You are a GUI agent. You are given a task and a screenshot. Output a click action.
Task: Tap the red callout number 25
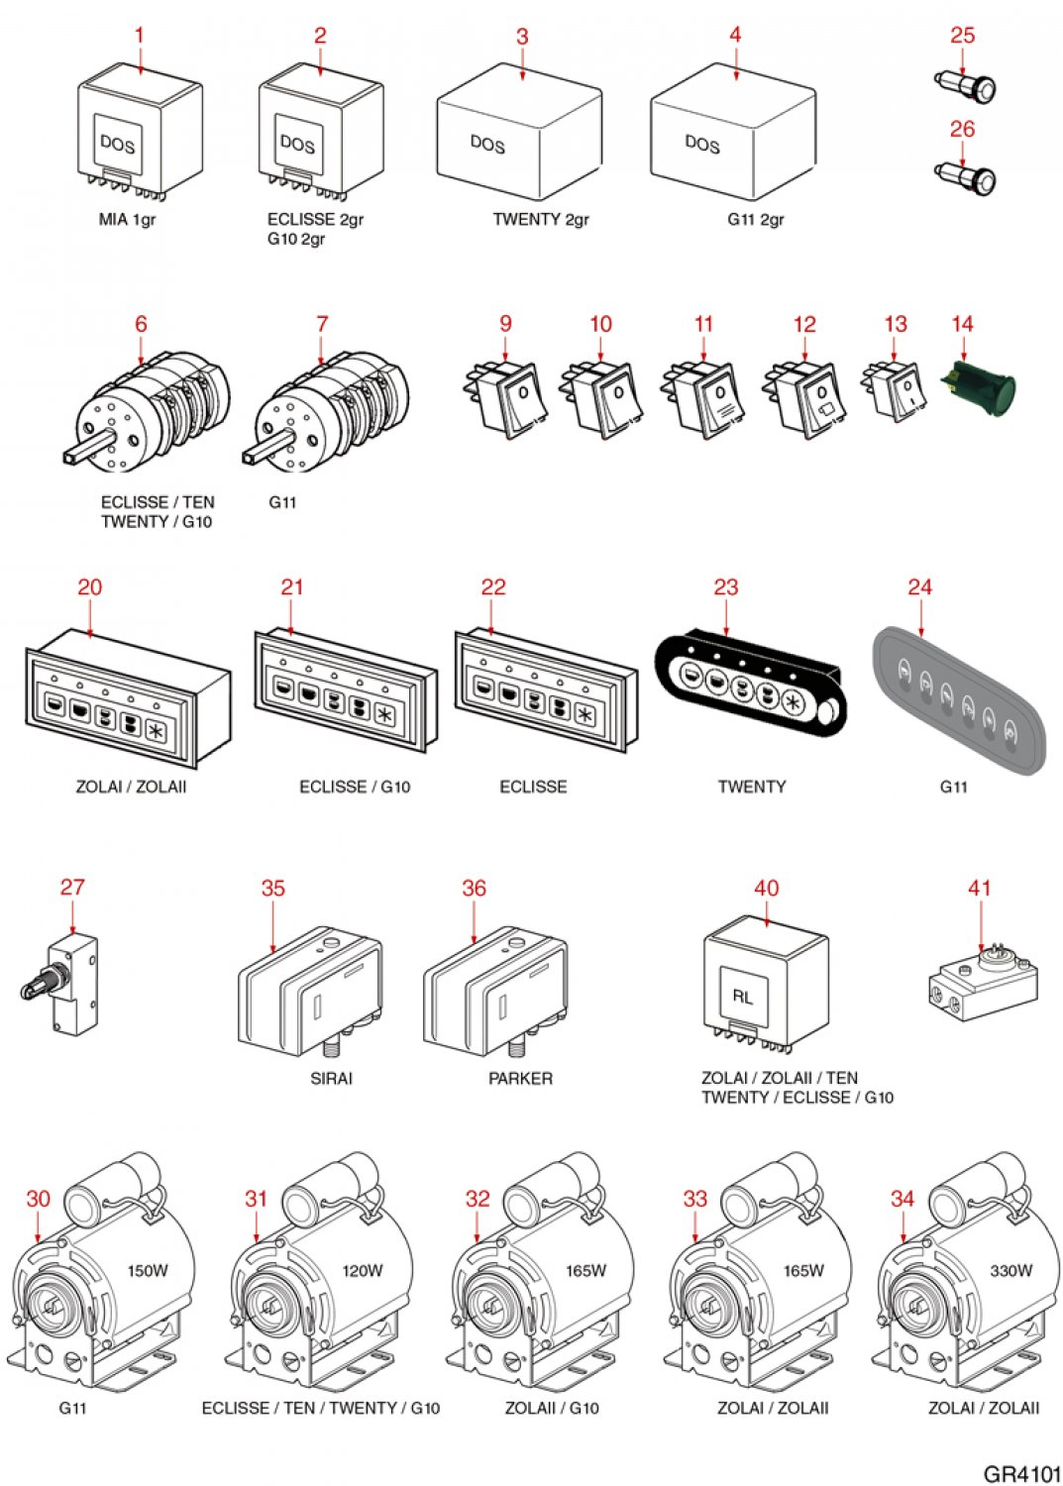(x=962, y=36)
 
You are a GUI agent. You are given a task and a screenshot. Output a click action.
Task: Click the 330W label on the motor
(x=1011, y=1270)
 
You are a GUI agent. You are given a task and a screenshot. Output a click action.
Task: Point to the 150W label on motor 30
(x=148, y=1270)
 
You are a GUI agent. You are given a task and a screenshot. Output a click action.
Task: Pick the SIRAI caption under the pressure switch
(x=331, y=1078)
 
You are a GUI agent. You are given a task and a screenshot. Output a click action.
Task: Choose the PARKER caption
(x=520, y=1078)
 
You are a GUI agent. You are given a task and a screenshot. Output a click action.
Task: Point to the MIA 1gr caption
(x=127, y=220)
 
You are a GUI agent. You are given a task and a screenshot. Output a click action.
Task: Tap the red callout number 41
(x=979, y=888)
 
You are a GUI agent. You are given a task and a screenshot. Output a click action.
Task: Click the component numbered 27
(x=65, y=981)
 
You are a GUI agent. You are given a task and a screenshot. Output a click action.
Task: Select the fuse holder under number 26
(x=967, y=177)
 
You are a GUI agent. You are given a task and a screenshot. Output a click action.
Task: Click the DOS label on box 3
(x=487, y=144)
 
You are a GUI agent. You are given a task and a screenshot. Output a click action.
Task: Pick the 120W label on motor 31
(x=363, y=1270)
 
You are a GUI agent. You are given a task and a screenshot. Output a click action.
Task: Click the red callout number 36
(x=474, y=888)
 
